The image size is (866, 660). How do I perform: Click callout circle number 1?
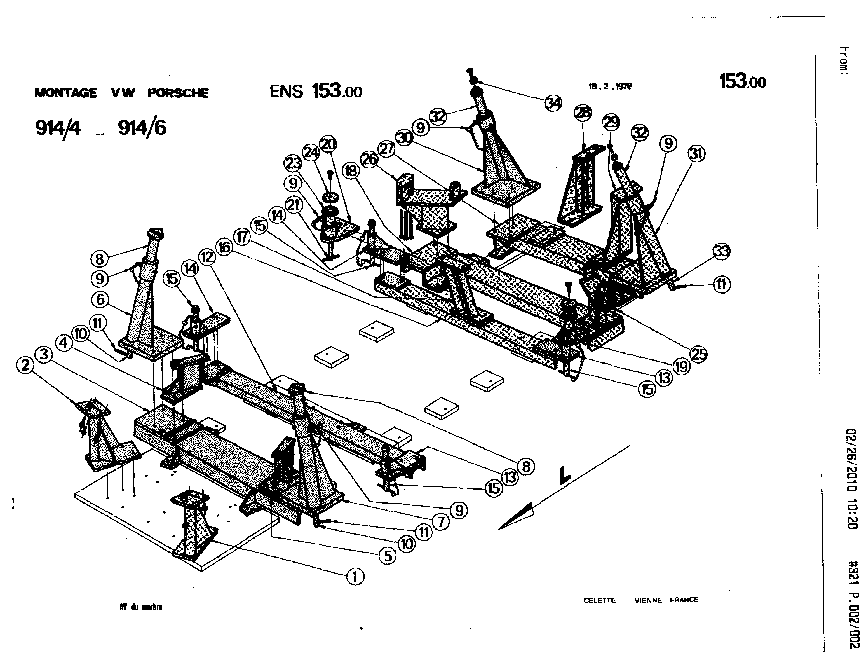click(x=355, y=577)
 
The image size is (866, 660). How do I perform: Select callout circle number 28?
click(x=583, y=113)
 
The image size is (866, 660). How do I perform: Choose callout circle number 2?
click(x=25, y=365)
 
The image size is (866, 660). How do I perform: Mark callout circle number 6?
click(x=100, y=300)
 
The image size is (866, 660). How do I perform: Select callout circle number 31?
click(x=696, y=154)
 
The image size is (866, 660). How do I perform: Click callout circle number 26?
click(x=369, y=160)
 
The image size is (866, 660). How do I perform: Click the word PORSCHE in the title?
click(x=178, y=93)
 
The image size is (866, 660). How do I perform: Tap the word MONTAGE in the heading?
click(x=65, y=93)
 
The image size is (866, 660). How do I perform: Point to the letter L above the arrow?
click(x=565, y=475)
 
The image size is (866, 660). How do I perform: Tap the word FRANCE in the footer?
click(x=684, y=600)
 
